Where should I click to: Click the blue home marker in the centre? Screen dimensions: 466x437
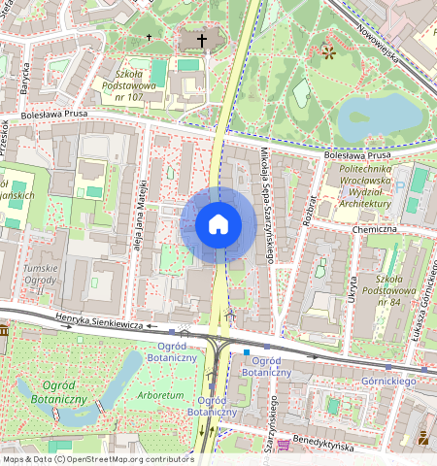pyautogui.click(x=218, y=224)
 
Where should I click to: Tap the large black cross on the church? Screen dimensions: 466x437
pyautogui.click(x=202, y=41)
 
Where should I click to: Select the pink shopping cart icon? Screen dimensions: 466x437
pyautogui.click(x=284, y=445)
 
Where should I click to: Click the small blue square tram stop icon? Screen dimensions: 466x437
pyautogui.click(x=247, y=351)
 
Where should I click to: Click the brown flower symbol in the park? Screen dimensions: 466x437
pyautogui.click(x=327, y=50)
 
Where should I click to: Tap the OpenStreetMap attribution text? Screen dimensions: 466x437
pyautogui.click(x=98, y=459)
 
